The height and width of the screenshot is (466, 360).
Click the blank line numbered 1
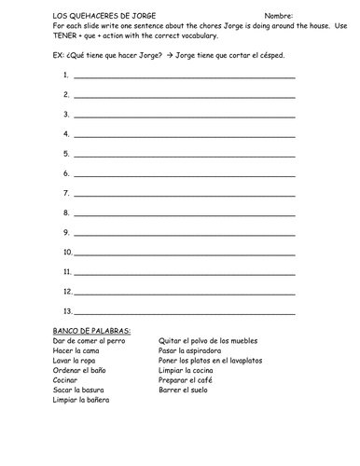click(x=184, y=76)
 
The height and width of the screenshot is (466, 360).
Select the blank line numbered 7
click(x=184, y=194)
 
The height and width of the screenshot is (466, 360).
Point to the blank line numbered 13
click(x=184, y=311)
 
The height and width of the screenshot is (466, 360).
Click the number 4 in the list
click(x=66, y=134)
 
